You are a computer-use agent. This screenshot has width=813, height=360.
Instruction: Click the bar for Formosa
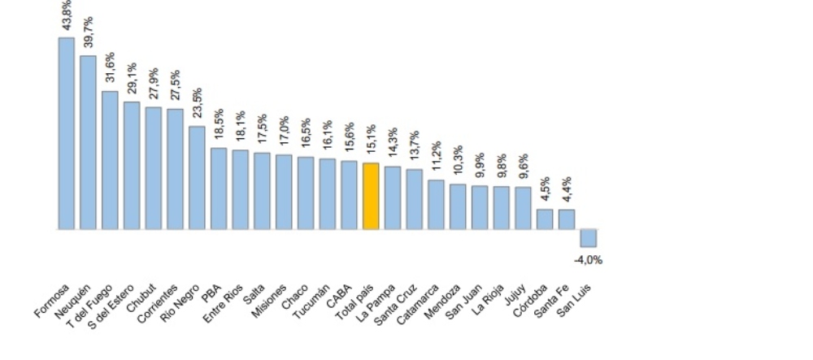(66, 133)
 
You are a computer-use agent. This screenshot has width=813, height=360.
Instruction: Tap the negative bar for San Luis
(588, 238)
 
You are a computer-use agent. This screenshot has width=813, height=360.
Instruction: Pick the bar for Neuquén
(88, 142)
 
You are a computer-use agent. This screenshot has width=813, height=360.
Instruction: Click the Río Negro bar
(197, 177)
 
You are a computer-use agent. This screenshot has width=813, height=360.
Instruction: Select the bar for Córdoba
(545, 219)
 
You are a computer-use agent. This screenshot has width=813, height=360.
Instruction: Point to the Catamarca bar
(436, 205)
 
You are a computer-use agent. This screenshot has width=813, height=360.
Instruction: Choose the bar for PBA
(219, 189)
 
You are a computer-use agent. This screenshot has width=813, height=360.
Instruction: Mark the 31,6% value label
(110, 69)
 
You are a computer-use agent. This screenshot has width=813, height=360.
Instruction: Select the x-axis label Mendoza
(447, 301)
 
